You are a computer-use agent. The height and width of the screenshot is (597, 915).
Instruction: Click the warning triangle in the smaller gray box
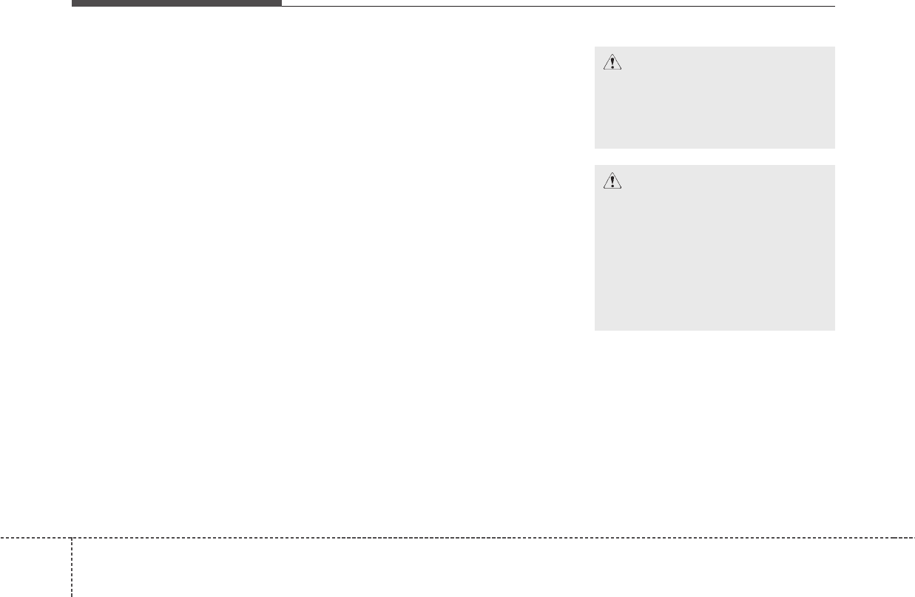click(x=612, y=63)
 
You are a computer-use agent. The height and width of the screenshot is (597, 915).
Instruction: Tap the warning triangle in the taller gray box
click(x=612, y=181)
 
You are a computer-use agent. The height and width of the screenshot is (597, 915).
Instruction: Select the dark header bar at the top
click(x=176, y=3)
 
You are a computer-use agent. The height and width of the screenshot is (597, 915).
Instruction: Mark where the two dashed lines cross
click(x=72, y=537)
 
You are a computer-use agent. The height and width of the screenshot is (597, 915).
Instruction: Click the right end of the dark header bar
click(x=280, y=3)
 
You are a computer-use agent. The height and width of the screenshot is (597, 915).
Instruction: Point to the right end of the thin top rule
click(x=834, y=6)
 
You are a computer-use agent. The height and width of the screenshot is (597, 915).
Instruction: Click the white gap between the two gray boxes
click(x=715, y=157)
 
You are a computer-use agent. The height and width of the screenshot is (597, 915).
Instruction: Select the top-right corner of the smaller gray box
click(x=834, y=47)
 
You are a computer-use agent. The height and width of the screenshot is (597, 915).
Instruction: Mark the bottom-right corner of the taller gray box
click(x=834, y=329)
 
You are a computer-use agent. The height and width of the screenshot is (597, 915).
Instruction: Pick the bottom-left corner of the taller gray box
click(x=595, y=329)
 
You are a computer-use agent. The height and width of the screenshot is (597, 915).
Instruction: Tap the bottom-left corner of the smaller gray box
click(x=595, y=148)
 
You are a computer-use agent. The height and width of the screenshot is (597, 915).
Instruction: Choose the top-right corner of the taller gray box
click(x=834, y=166)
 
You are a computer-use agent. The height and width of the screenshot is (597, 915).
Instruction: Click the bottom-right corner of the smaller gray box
click(x=834, y=148)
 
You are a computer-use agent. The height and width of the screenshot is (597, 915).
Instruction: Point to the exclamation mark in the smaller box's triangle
click(x=612, y=64)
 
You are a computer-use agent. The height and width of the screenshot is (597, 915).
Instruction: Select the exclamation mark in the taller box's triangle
click(x=612, y=182)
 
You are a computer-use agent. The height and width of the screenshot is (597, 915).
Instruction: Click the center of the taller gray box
click(x=715, y=248)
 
